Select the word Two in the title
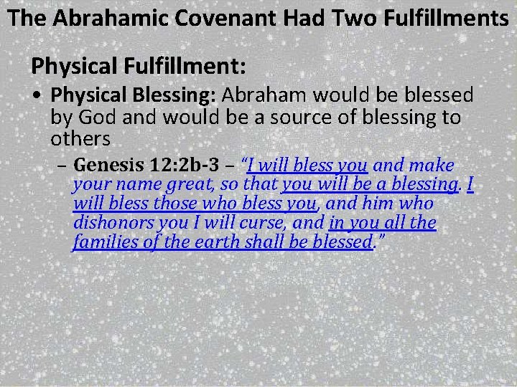tap(340, 17)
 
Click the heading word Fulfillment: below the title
tap(187, 67)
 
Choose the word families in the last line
tap(103, 242)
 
